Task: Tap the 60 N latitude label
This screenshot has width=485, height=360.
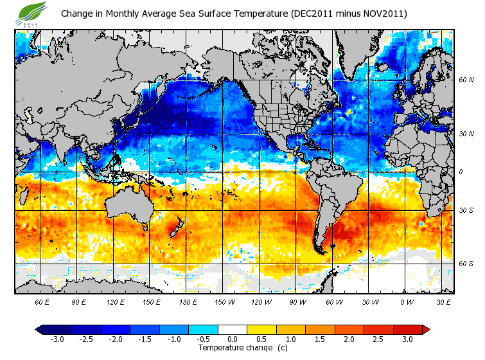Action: (466, 80)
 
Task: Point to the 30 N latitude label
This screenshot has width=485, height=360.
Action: (466, 134)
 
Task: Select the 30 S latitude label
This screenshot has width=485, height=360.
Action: (466, 210)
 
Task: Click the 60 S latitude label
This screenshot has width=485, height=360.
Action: (466, 264)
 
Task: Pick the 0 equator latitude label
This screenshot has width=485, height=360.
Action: (461, 172)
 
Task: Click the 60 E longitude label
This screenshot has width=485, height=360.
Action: (42, 301)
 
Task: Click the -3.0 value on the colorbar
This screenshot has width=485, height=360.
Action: (57, 339)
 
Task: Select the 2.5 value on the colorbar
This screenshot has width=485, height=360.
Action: (378, 339)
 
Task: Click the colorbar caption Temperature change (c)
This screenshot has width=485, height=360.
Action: (234, 348)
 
